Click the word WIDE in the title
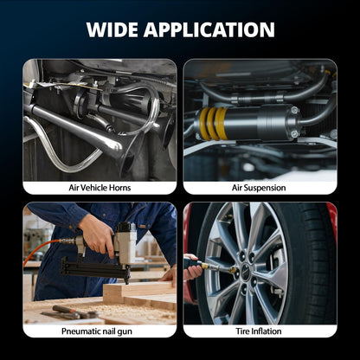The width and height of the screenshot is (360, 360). pyautogui.click(x=112, y=29)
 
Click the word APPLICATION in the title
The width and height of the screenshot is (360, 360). pyautogui.click(x=209, y=29)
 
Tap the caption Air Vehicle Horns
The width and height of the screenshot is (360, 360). pyautogui.click(x=100, y=188)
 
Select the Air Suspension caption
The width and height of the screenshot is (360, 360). pyautogui.click(x=259, y=188)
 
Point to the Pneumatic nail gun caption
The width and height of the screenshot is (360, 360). pyautogui.click(x=97, y=331)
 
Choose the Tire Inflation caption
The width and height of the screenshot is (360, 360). pyautogui.click(x=259, y=331)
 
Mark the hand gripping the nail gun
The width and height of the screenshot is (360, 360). pyautogui.click(x=97, y=235)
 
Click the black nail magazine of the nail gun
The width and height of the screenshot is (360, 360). pyautogui.click(x=95, y=270)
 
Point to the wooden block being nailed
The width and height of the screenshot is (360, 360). pyautogui.click(x=138, y=292)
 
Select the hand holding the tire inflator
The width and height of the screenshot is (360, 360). pyautogui.click(x=193, y=267)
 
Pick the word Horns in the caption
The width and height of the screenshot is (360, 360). pyautogui.click(x=119, y=188)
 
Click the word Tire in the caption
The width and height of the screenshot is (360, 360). pyautogui.click(x=242, y=331)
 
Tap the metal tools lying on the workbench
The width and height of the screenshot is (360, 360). pyautogui.click(x=69, y=312)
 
